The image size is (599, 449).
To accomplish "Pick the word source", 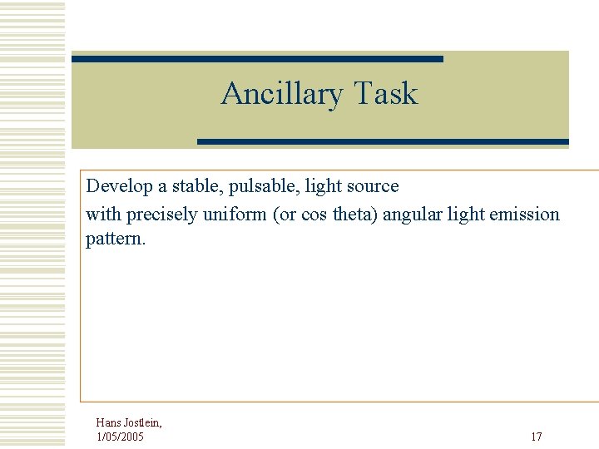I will click(372, 186).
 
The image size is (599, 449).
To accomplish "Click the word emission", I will click(525, 214).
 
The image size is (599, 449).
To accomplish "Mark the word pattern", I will click(115, 239).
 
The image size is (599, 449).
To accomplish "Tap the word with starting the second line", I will click(103, 214).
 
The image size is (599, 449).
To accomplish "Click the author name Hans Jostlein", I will click(129, 422).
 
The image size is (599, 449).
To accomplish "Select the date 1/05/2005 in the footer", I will click(120, 437).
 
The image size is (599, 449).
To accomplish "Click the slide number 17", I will click(537, 437).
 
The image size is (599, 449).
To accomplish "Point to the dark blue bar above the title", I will click(257, 59).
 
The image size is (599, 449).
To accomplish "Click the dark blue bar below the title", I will click(383, 142).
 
